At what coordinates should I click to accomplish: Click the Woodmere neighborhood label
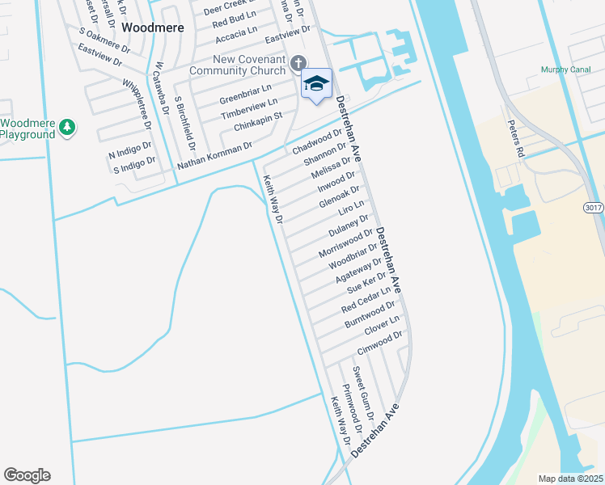pyautogui.click(x=153, y=27)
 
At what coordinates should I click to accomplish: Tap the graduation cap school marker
pyautogui.click(x=317, y=83)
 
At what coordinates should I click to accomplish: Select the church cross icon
pyautogui.click(x=298, y=62)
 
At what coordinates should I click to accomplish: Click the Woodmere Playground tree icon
pyautogui.click(x=69, y=127)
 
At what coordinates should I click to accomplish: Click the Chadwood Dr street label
pyautogui.click(x=318, y=142)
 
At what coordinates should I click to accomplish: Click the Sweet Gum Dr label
pyautogui.click(x=361, y=391)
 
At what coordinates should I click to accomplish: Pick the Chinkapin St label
pyautogui.click(x=257, y=122)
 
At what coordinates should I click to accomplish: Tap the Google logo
pyautogui.click(x=27, y=475)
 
